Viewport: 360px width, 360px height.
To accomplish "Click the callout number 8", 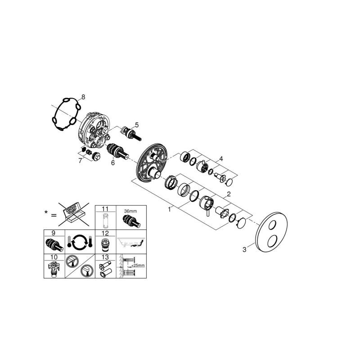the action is click(83, 97).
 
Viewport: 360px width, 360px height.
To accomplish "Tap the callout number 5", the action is click(137, 125).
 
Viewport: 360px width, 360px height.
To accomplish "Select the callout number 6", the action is click(113, 163).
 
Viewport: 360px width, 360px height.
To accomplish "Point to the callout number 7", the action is click(80, 161).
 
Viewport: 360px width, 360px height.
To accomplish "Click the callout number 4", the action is click(221, 159).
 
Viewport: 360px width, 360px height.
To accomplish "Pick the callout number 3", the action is click(244, 249).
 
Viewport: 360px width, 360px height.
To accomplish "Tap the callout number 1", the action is click(170, 209).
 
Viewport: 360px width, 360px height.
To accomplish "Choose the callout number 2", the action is click(229, 194).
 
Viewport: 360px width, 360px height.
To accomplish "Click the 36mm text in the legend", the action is click(130, 211).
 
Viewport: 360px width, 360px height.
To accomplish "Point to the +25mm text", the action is click(138, 265).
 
